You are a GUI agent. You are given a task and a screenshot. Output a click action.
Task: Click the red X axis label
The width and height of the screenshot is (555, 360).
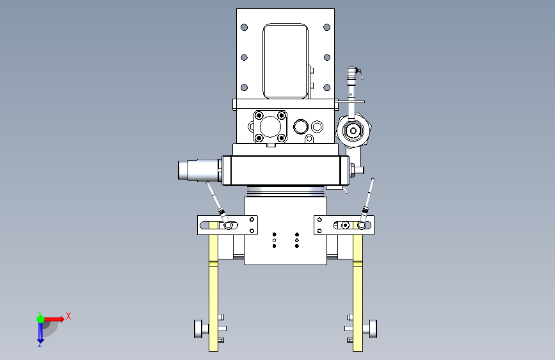pos(68,316)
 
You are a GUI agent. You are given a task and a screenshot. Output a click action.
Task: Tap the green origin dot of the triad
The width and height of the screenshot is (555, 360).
pos(41,319)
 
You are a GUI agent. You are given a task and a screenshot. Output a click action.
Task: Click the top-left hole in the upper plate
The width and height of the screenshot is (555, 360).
pos(245,28)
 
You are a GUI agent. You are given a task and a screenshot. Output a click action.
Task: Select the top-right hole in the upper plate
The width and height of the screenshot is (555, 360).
pos(326,28)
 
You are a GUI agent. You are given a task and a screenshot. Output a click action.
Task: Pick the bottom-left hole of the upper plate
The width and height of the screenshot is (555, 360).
pos(245,88)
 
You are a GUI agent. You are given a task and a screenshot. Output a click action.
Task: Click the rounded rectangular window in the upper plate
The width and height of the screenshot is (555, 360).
pos(286,61)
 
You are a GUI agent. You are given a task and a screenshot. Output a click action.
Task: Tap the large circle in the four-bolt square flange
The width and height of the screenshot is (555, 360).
pos(270,126)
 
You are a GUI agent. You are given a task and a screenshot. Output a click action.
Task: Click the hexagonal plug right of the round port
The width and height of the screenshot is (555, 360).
pos(317,126)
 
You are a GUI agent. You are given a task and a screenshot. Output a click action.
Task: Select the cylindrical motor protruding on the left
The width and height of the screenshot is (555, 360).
pos(200,170)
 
